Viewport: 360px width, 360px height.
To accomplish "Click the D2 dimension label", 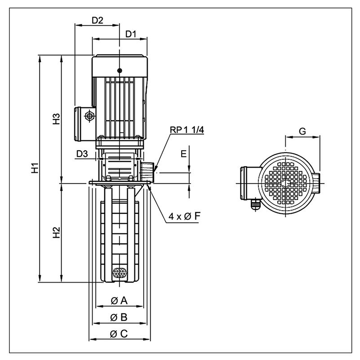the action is click(x=98, y=20).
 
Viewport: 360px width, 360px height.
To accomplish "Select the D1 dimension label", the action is click(x=131, y=34).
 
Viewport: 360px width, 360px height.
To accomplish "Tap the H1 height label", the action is click(x=35, y=168).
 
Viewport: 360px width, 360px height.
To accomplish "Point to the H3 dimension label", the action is click(x=56, y=119).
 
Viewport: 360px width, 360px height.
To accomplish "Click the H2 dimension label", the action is click(x=56, y=232).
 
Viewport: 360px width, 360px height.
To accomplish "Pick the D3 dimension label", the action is click(x=82, y=154).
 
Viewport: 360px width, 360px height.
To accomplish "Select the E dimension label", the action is click(x=184, y=154).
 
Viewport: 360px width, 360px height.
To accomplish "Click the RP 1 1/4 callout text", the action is click(x=187, y=130).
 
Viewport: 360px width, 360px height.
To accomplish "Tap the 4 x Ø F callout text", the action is click(x=184, y=216).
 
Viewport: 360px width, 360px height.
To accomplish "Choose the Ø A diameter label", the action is click(x=119, y=301).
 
